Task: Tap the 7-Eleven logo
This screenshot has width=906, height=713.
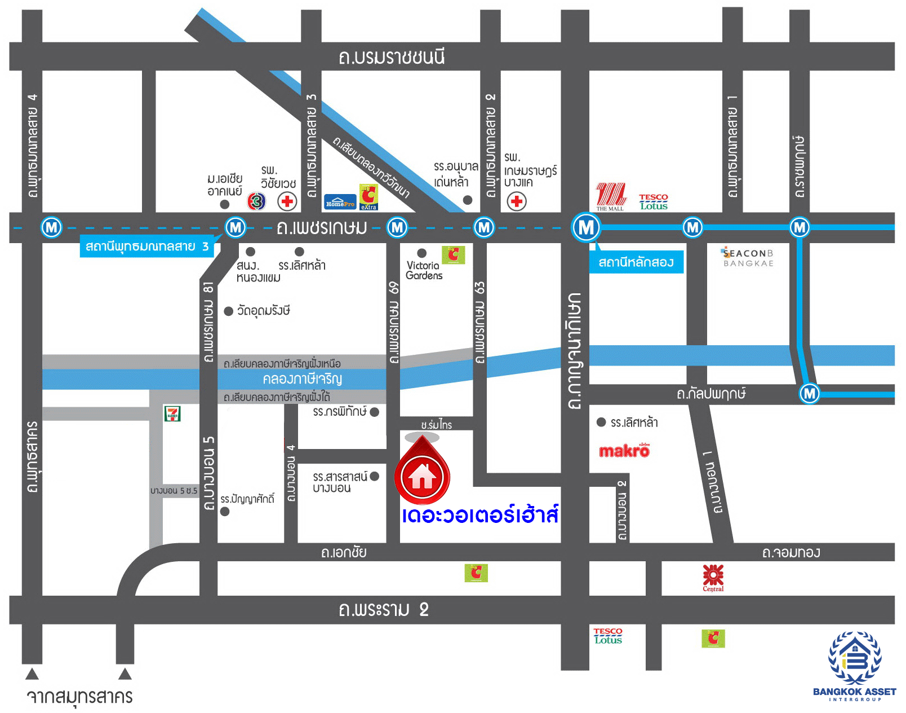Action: pos(172,413)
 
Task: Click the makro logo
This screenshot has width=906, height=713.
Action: pos(624,451)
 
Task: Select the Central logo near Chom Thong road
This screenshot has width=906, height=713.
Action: pos(713,577)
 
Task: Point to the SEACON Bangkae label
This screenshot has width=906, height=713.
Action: pos(748,258)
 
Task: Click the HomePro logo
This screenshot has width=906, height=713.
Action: pos(340,202)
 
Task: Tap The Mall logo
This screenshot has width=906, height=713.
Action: pos(611,196)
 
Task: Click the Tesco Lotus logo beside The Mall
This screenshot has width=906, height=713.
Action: pos(654,201)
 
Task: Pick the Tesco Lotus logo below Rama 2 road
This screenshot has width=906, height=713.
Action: pos(608,636)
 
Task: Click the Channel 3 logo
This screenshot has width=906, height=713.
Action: pos(257,201)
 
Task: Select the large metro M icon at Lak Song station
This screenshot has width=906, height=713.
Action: pos(586,227)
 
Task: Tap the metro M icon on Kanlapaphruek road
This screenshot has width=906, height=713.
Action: pos(810,393)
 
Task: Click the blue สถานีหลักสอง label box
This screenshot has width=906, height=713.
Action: pos(636,262)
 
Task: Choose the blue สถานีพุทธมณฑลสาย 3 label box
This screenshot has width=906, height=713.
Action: pos(147,247)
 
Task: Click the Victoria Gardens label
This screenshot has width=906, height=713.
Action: pos(424,270)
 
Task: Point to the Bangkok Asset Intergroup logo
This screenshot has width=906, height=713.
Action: pos(854,666)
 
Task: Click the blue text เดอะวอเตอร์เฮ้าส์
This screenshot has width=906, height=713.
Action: pos(480,515)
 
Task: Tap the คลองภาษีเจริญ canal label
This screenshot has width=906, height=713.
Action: pos(302,378)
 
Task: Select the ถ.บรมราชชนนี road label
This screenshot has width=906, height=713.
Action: pos(392,57)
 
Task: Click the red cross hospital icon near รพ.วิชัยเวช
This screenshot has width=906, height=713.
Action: pos(287,201)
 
